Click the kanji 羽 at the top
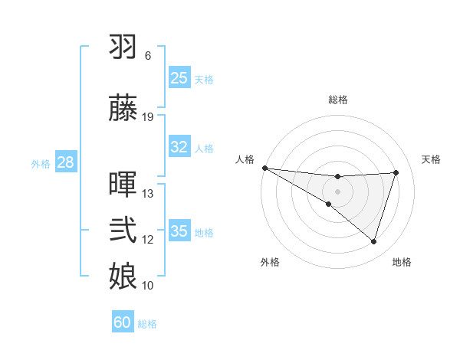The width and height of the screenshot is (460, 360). [123, 47]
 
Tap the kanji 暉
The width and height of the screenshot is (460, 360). [123, 185]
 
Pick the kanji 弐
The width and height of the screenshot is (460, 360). [123, 230]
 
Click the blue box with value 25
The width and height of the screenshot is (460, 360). [179, 78]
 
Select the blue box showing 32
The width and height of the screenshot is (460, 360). [179, 147]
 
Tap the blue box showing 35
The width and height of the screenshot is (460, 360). [179, 231]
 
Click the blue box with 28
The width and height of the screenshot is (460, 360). [65, 162]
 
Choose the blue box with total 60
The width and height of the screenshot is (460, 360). [123, 322]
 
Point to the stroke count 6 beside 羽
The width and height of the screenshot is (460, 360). [147, 56]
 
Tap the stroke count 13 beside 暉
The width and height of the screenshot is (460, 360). [148, 194]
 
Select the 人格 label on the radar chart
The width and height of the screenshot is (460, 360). [245, 159]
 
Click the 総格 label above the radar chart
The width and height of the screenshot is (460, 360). [338, 100]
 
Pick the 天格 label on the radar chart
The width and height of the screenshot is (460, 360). [432, 159]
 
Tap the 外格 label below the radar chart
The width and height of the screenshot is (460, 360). [269, 262]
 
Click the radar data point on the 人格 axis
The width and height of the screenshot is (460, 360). [264, 168]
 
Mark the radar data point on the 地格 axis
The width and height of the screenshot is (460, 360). [373, 242]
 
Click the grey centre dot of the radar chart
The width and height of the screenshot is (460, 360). [337, 191]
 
